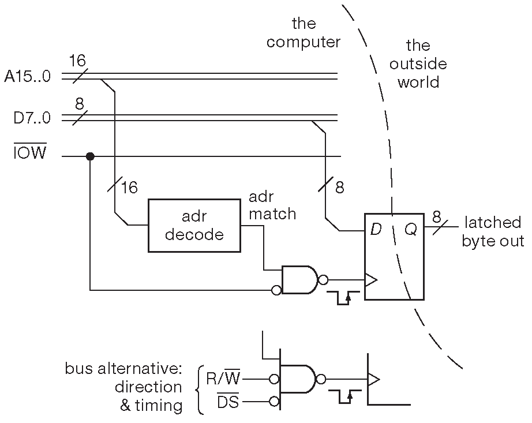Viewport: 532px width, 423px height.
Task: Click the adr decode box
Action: pyautogui.click(x=194, y=226)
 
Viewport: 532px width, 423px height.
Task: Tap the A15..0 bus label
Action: pyautogui.click(x=28, y=76)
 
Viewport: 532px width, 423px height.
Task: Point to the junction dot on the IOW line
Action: pyautogui.click(x=90, y=156)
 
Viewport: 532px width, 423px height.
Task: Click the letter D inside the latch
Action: pyautogui.click(x=376, y=230)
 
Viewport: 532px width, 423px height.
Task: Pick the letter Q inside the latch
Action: pyautogui.click(x=411, y=230)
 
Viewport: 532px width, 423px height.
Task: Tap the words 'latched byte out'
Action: pyautogui.click(x=492, y=231)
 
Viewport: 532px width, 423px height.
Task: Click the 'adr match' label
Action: pyautogui.click(x=272, y=205)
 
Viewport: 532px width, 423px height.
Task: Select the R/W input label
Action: pyautogui.click(x=223, y=379)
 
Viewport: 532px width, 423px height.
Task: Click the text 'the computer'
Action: pyautogui.click(x=304, y=33)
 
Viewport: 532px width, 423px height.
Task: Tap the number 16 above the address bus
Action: pyautogui.click(x=77, y=61)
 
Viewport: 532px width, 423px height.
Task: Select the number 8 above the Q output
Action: pyautogui.click(x=437, y=217)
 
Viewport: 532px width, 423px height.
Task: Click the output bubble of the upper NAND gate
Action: pyautogui.click(x=323, y=280)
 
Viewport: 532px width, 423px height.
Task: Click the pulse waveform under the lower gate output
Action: pyautogui.click(x=344, y=397)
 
